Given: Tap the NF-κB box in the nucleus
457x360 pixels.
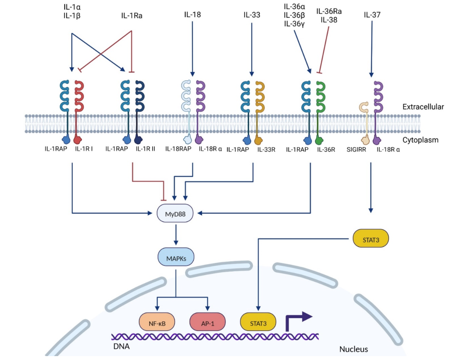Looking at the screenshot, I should pyautogui.click(x=156, y=322).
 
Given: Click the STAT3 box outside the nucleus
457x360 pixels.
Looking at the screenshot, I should pyautogui.click(x=371, y=238).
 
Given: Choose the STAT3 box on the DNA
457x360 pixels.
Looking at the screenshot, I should pyautogui.click(x=258, y=322).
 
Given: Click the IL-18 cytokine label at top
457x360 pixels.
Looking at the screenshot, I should pyautogui.click(x=192, y=15).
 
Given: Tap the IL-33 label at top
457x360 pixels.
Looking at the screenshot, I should pyautogui.click(x=252, y=15).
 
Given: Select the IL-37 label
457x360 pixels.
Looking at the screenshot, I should pyautogui.click(x=372, y=15).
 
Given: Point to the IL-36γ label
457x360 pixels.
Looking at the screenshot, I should pyautogui.click(x=294, y=24).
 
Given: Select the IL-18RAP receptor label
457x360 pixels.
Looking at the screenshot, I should pyautogui.click(x=178, y=149).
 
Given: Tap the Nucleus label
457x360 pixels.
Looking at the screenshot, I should pyautogui.click(x=353, y=349).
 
